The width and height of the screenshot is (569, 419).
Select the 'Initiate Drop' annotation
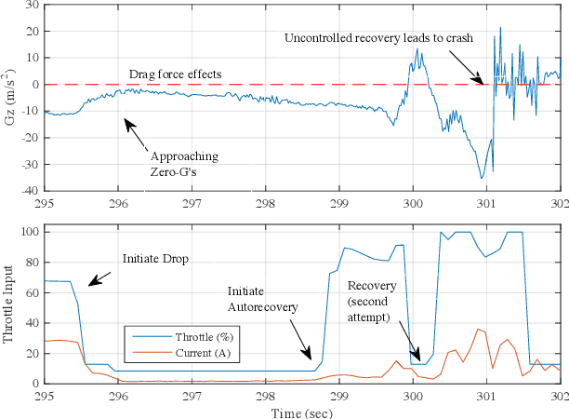(155, 257)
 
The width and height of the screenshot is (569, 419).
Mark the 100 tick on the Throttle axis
(28, 231)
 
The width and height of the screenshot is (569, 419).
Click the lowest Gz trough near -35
(482, 177)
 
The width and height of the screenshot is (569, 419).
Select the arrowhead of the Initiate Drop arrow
(89, 285)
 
